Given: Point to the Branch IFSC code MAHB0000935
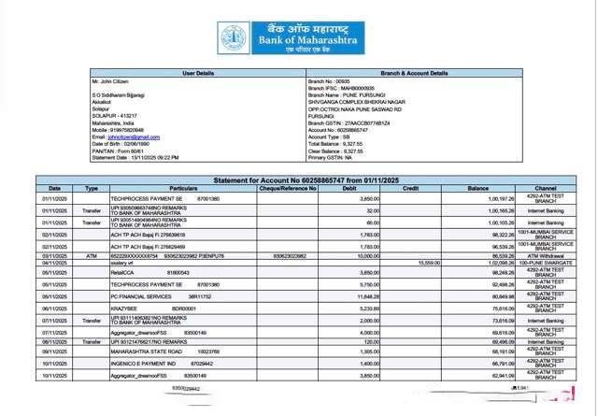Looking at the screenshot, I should tap(344, 89).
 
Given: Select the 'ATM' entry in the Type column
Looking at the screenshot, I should tap(92, 254).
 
